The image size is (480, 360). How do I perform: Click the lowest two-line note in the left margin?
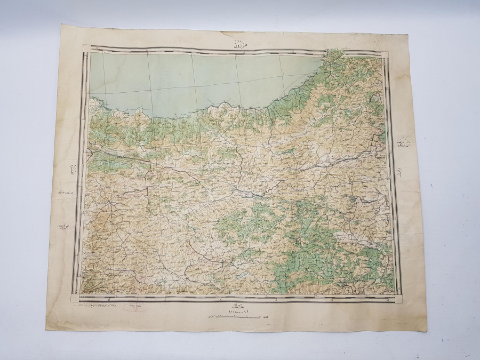point(63,228)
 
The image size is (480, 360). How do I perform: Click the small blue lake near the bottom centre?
point(241,276)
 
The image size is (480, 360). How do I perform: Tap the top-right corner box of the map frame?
point(385,53)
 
